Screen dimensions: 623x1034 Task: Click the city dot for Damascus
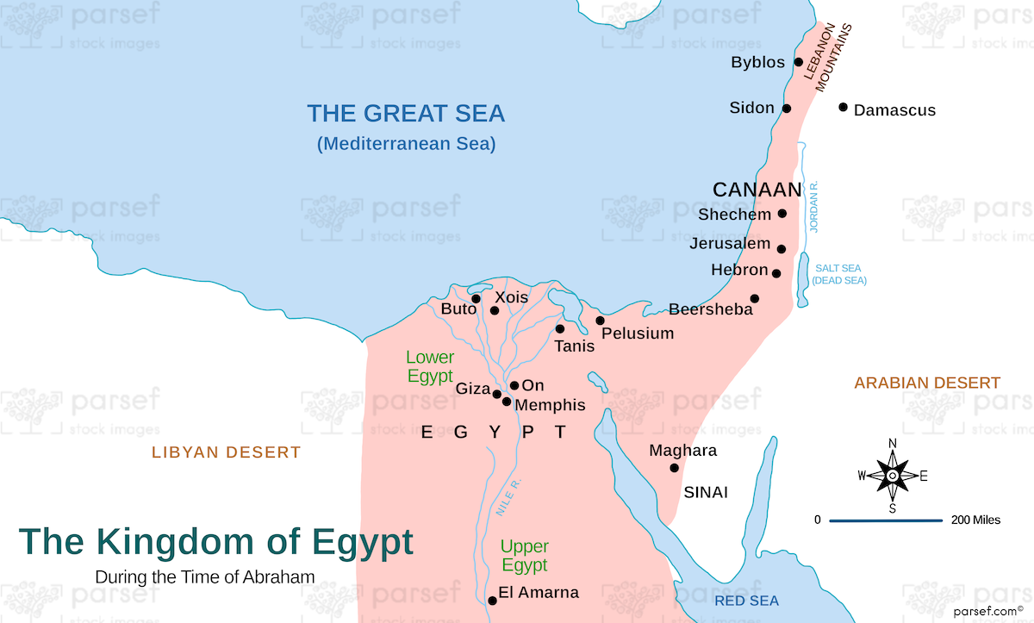pyautogui.click(x=844, y=108)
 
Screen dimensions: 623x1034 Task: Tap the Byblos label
pyautogui.click(x=757, y=63)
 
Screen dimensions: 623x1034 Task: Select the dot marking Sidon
pyautogui.click(x=787, y=109)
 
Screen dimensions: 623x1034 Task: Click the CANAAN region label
pyautogui.click(x=757, y=190)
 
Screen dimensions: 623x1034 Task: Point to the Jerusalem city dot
pyautogui.click(x=782, y=249)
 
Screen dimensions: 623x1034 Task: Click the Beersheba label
pyautogui.click(x=711, y=309)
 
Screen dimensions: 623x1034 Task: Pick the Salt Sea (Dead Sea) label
pyautogui.click(x=839, y=274)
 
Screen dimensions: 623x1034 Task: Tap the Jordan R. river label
pyautogui.click(x=814, y=207)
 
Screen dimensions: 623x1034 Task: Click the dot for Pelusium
pyautogui.click(x=600, y=321)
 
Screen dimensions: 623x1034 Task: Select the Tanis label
pyautogui.click(x=574, y=346)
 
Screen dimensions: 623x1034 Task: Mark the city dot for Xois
pyautogui.click(x=495, y=310)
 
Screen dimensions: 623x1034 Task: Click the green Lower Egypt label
pyautogui.click(x=430, y=366)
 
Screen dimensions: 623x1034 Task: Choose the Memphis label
pyautogui.click(x=550, y=405)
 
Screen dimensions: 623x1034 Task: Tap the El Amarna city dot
pyautogui.click(x=491, y=601)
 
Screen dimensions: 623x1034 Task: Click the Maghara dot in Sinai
pyautogui.click(x=674, y=468)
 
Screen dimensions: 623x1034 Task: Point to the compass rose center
pyautogui.click(x=893, y=476)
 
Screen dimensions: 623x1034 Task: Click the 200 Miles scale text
pyautogui.click(x=975, y=520)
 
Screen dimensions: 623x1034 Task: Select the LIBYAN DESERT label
pyautogui.click(x=227, y=452)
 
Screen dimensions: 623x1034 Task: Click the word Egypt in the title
pyautogui.click(x=350, y=542)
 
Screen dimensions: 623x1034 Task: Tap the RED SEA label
pyautogui.click(x=746, y=601)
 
